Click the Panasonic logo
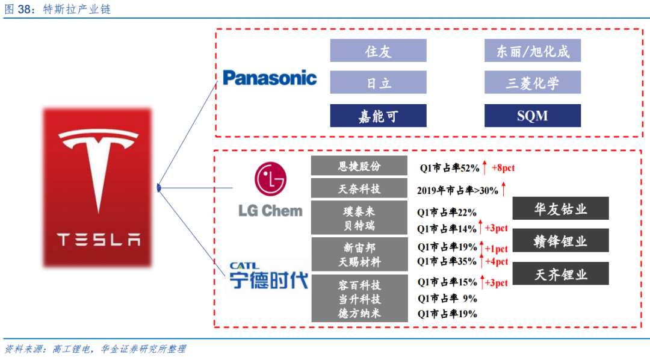pyautogui.click(x=270, y=78)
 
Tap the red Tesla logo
pyautogui.click(x=97, y=187)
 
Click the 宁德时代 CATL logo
pyautogui.click(x=268, y=276)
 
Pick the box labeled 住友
pyautogui.click(x=378, y=51)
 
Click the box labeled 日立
pyautogui.click(x=378, y=82)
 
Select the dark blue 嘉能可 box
pyautogui.click(x=378, y=116)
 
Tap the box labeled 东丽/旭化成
pyautogui.click(x=533, y=51)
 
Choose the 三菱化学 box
pyautogui.click(x=533, y=82)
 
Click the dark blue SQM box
pyautogui.click(x=533, y=116)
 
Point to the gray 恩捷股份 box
pyautogui.click(x=359, y=166)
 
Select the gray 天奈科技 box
pyautogui.click(x=359, y=188)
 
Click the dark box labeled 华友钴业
pyautogui.click(x=560, y=208)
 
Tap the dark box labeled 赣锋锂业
pyautogui.click(x=560, y=241)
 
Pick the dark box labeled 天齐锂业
pyautogui.click(x=560, y=274)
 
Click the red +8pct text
pyautogui.click(x=503, y=168)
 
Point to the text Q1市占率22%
pyautogui.click(x=447, y=212)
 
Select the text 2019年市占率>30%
pyautogui.click(x=457, y=190)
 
